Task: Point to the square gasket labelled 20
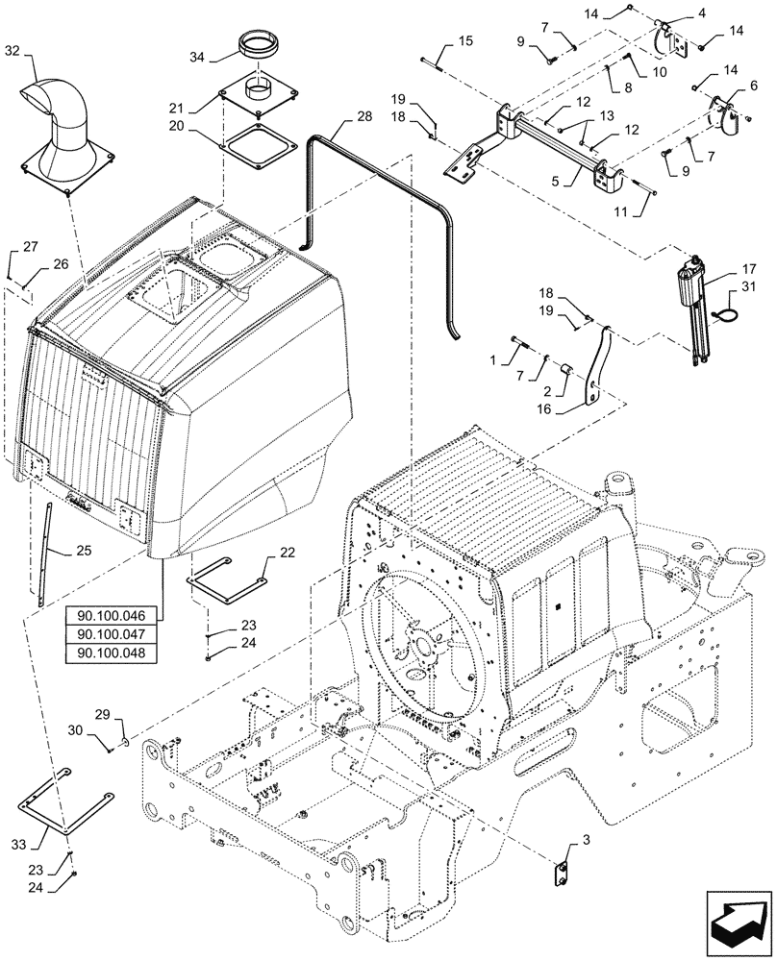click(259, 148)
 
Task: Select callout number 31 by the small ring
click(749, 294)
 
